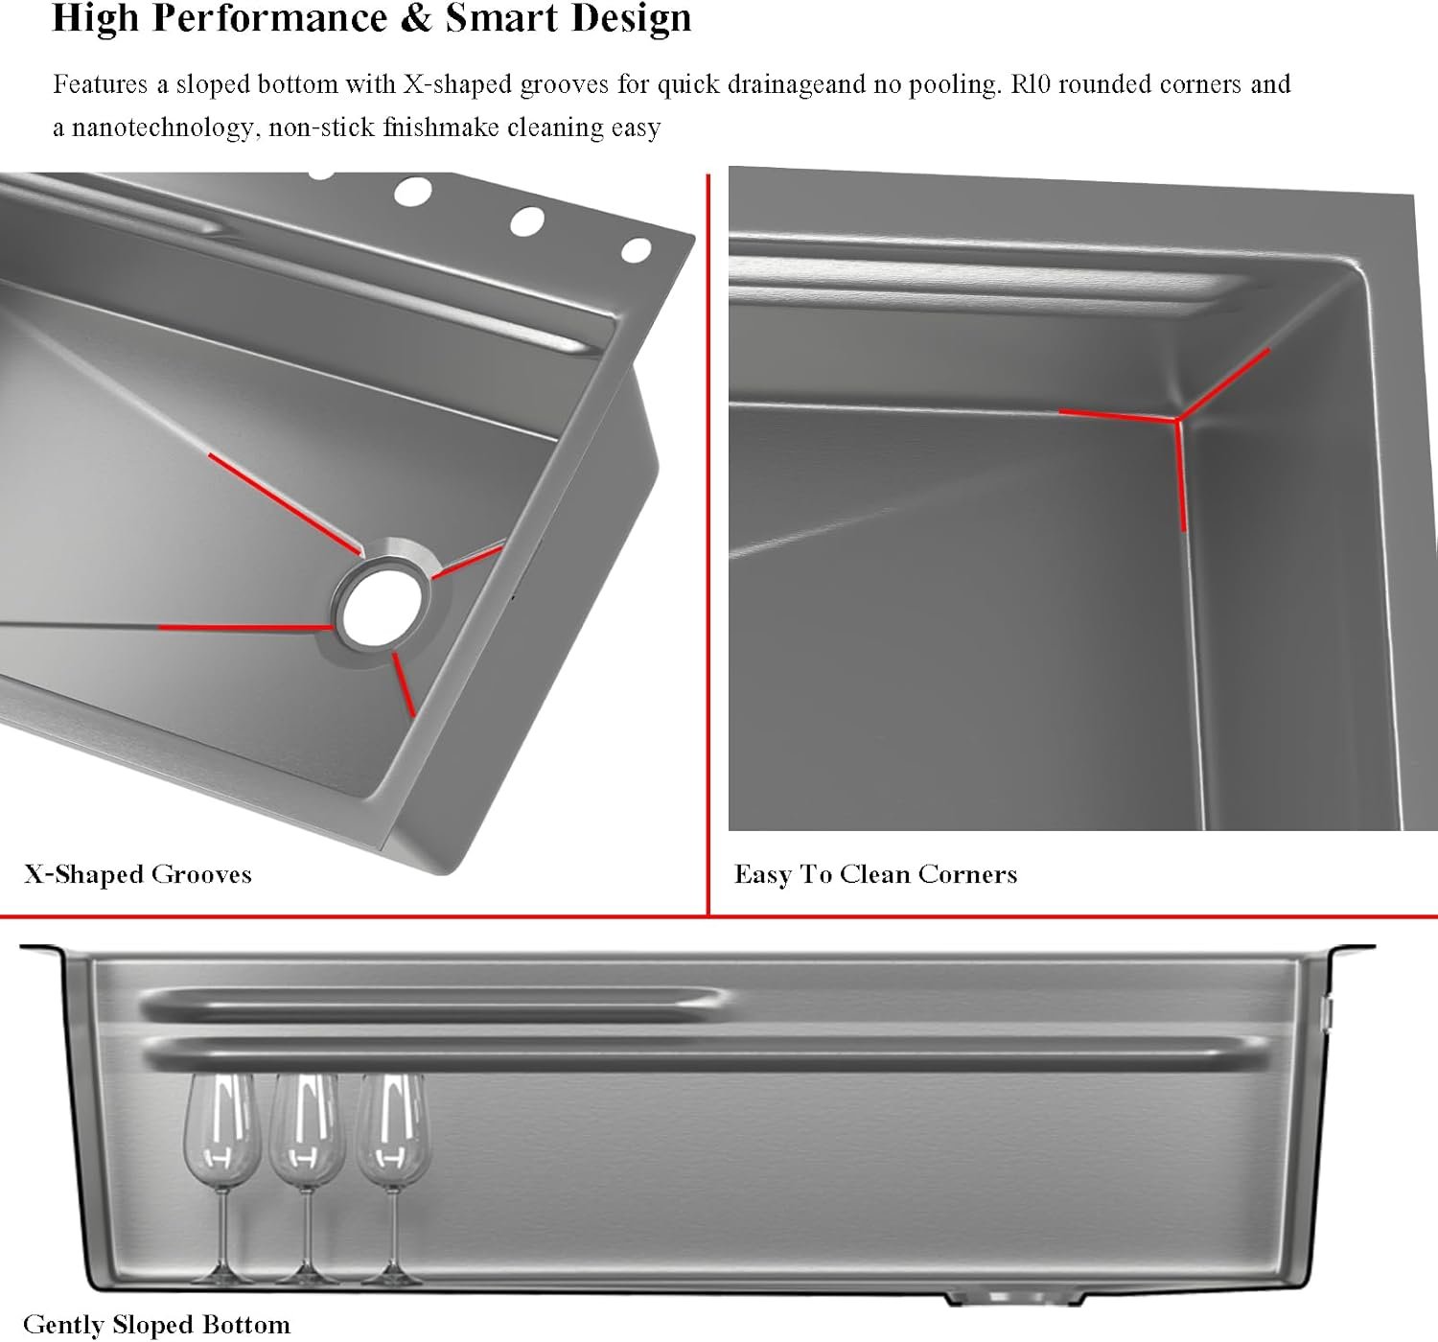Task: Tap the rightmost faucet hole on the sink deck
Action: tap(637, 250)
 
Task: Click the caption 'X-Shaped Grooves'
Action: tap(138, 874)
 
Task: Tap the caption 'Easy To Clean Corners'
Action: tap(875, 874)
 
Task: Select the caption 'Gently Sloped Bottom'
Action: tap(156, 1325)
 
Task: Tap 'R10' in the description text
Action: tap(1031, 84)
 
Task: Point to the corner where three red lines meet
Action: tap(1177, 419)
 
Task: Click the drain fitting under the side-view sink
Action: tap(1013, 1296)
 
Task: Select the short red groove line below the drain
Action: tap(404, 684)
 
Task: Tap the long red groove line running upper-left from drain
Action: tap(285, 504)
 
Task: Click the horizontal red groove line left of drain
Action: tap(245, 627)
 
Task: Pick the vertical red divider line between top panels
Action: tap(708, 544)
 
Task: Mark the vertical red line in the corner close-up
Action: tap(1181, 475)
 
